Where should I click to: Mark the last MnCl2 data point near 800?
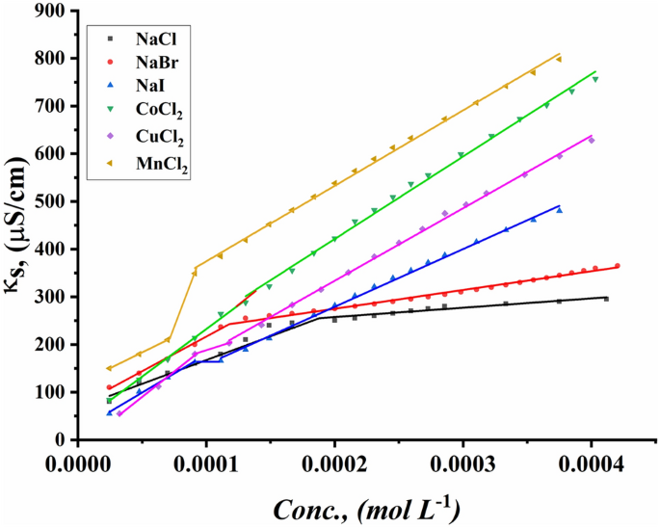coord(559,59)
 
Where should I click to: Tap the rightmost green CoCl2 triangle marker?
coord(595,79)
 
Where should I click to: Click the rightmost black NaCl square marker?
coord(606,299)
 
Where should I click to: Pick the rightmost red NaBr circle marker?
coord(618,266)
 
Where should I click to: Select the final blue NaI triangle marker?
coord(560,209)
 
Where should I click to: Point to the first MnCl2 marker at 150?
coord(109,368)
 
